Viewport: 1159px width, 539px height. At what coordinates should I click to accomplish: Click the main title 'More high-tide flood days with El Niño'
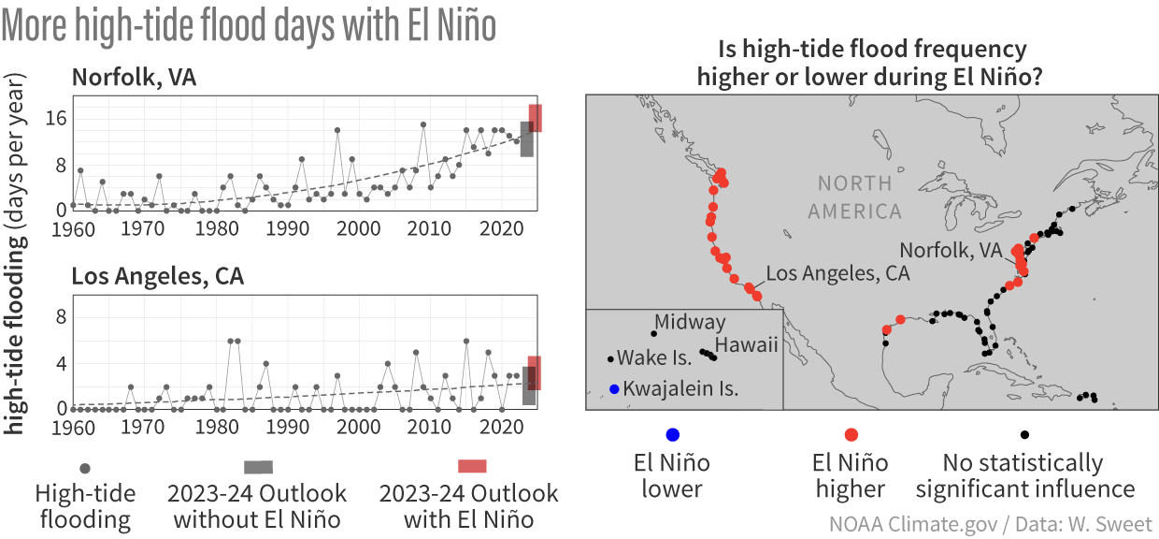tap(250, 27)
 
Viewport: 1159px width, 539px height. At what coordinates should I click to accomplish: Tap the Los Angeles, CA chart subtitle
tap(158, 277)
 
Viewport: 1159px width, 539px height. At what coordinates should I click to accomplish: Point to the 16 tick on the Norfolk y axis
tap(55, 118)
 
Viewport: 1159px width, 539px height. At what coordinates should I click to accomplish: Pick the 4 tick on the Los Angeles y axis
tap(61, 363)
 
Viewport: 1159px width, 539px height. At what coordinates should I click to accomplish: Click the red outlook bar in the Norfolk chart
tap(536, 118)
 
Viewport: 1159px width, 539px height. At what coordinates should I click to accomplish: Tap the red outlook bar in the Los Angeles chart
tap(535, 372)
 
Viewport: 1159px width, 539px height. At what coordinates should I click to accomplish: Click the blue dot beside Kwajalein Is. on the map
tap(613, 389)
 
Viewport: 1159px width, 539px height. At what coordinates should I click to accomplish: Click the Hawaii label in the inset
tap(747, 345)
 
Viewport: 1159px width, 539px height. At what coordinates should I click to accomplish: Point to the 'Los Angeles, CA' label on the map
tap(837, 273)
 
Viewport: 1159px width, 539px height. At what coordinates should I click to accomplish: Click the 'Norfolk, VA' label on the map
tap(950, 250)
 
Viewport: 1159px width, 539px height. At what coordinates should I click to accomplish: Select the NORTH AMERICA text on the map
tap(854, 197)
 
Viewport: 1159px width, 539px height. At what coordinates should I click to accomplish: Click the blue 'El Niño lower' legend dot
tap(672, 434)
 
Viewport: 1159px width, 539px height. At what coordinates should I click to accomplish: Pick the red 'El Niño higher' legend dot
tap(851, 434)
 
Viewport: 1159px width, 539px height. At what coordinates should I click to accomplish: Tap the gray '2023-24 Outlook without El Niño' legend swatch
tap(259, 467)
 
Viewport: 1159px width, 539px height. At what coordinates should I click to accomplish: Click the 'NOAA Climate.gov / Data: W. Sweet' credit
tap(990, 523)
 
